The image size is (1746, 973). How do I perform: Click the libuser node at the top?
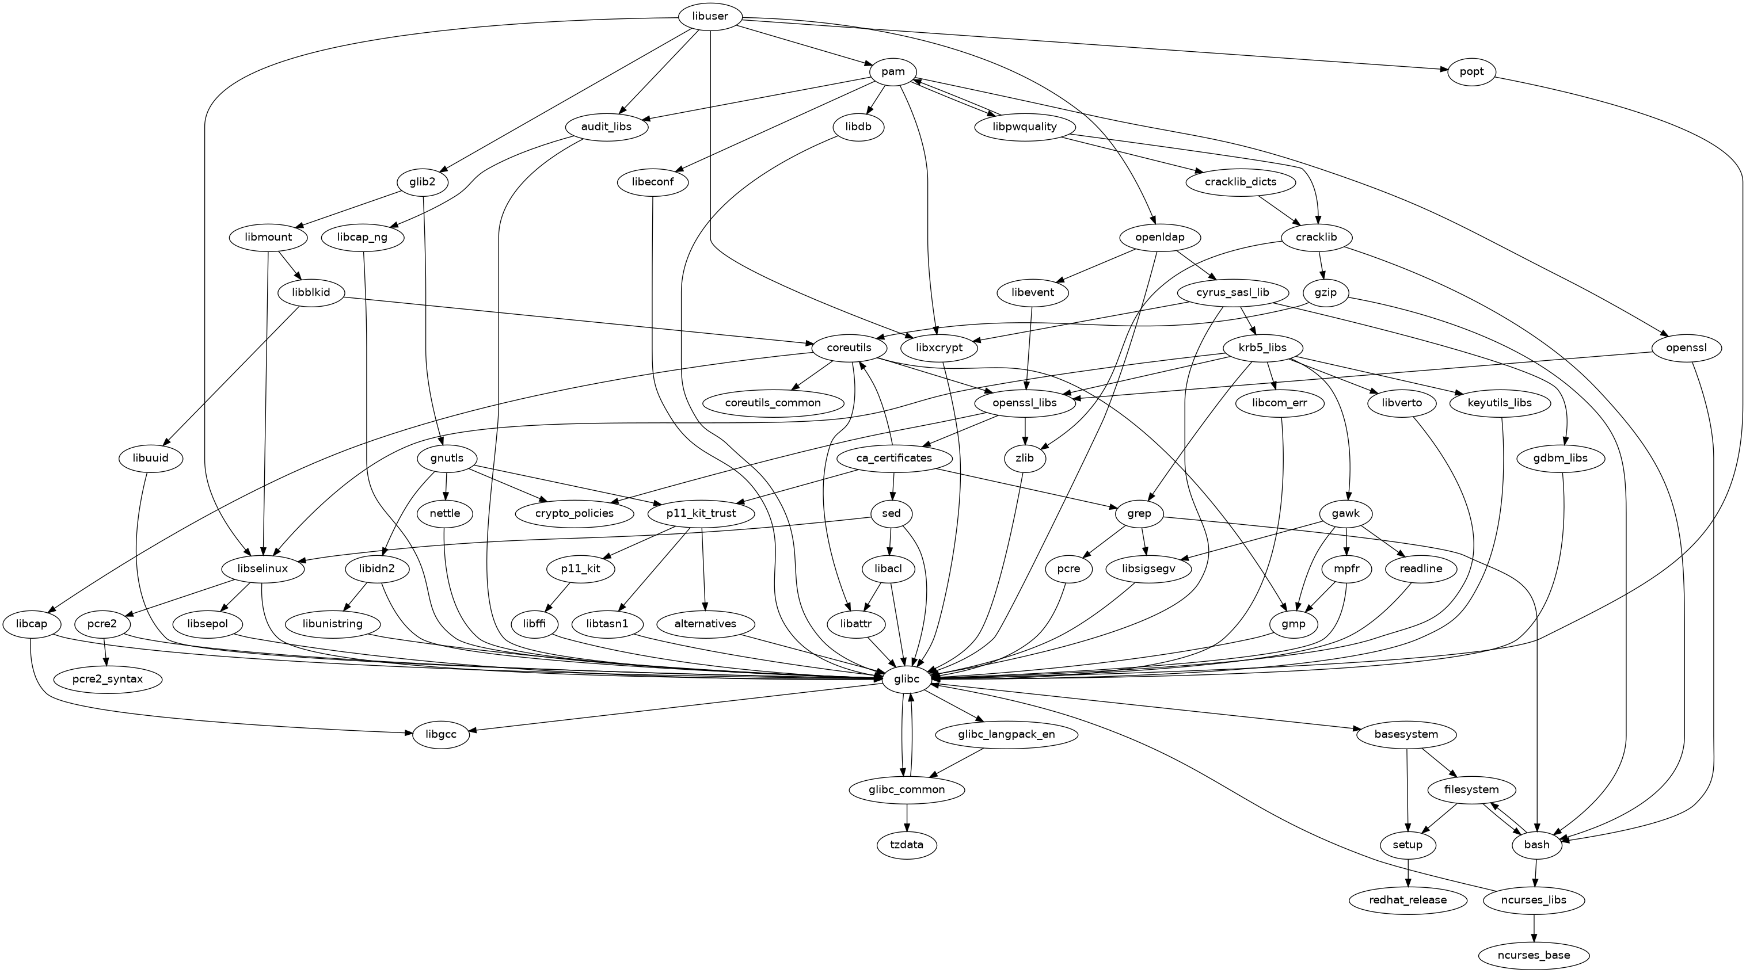coord(710,16)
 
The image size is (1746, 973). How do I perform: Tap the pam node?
coord(893,72)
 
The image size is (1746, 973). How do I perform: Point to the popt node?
coord(1471,72)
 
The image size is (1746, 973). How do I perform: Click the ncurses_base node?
coord(1533,955)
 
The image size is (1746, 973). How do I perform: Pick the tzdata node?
coord(907,845)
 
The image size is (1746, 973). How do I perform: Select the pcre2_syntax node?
coord(108,678)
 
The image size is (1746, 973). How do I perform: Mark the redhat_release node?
coord(1408,900)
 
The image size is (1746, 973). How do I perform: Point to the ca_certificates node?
coord(894,459)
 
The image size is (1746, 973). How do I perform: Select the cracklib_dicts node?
coord(1241,182)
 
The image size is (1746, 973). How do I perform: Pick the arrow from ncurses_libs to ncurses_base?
coord(1533,928)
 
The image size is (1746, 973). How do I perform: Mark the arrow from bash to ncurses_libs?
coord(1535,873)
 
